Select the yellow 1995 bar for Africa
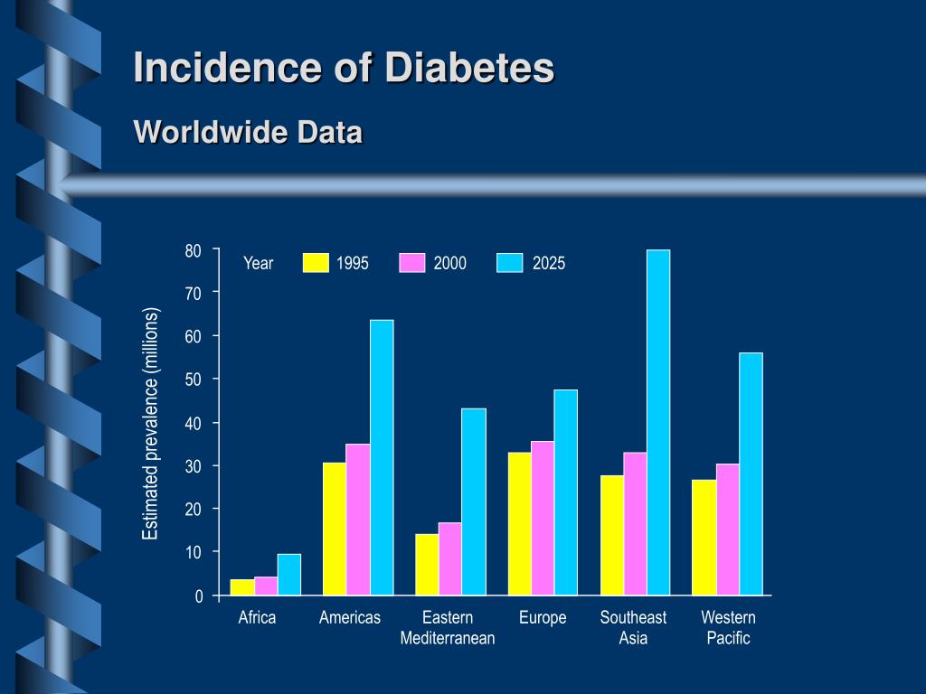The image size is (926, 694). [x=242, y=587]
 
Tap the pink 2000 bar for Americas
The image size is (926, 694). [x=358, y=520]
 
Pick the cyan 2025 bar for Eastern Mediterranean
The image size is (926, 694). [x=474, y=502]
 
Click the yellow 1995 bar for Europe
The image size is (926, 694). [x=520, y=523]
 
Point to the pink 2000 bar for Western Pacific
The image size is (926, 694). [x=728, y=530]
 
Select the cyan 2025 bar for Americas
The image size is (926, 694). [x=382, y=457]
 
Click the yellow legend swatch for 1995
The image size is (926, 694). [x=316, y=263]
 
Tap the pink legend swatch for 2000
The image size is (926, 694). [x=412, y=263]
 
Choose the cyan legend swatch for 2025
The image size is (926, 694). [x=510, y=263]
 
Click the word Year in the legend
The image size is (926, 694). [x=258, y=263]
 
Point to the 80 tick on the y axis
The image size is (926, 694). [x=194, y=250]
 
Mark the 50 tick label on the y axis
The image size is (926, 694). [x=194, y=380]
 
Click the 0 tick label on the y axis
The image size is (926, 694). [x=199, y=596]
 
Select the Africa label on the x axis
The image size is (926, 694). [x=257, y=618]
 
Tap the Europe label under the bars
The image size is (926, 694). [x=543, y=618]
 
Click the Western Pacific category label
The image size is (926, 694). [x=728, y=628]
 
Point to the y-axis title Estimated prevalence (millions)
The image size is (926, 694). [x=150, y=424]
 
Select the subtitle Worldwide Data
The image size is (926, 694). [x=248, y=132]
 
